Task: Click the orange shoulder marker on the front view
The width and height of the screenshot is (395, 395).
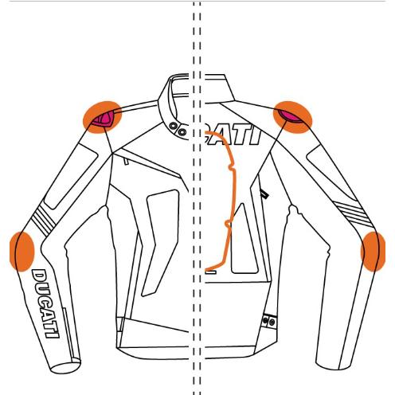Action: point(102,117)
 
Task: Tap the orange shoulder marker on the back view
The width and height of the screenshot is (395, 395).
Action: point(293,117)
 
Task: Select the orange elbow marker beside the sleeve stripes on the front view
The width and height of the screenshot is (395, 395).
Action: point(22,252)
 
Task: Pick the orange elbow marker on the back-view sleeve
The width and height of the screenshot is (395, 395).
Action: point(373,252)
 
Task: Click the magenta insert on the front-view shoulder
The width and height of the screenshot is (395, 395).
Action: point(104,119)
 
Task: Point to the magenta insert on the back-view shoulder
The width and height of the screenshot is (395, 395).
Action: point(291,116)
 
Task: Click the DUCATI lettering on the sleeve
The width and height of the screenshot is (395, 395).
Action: point(45,303)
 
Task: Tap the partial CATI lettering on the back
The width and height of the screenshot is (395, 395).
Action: point(233,136)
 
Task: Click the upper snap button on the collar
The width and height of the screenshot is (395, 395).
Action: point(174,126)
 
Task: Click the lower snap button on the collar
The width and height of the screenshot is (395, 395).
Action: point(182,131)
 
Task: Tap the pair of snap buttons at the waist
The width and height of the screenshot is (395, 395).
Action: point(268,321)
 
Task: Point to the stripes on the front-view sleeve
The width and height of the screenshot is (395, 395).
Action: point(44,221)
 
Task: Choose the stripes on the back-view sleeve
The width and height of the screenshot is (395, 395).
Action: point(353,213)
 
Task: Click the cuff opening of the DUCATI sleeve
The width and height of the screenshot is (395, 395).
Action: point(65,366)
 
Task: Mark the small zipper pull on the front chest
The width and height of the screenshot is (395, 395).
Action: point(126,161)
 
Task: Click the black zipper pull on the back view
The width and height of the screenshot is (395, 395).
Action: point(264,194)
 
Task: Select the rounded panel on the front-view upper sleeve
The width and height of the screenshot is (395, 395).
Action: point(71,176)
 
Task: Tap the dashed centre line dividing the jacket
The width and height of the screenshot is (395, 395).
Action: point(197,197)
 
